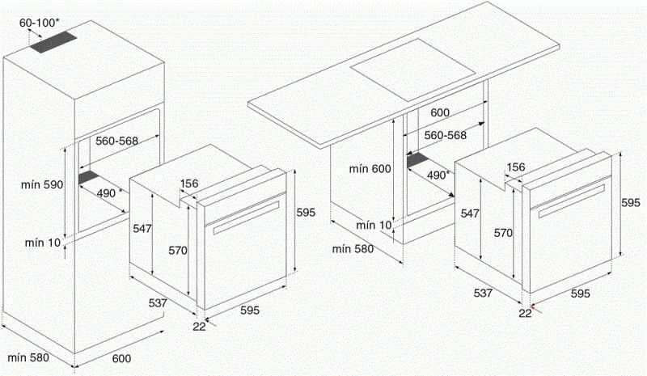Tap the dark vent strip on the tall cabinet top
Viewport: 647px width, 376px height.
pyautogui.click(x=58, y=44)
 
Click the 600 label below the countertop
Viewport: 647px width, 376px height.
pyautogui.click(x=439, y=113)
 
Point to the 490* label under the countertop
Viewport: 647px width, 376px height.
pyautogui.click(x=438, y=175)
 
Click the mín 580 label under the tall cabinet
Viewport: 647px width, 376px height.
pyautogui.click(x=28, y=356)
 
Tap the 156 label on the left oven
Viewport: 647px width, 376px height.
pyautogui.click(x=189, y=184)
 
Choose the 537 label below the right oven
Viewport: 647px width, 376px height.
pyautogui.click(x=484, y=294)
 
